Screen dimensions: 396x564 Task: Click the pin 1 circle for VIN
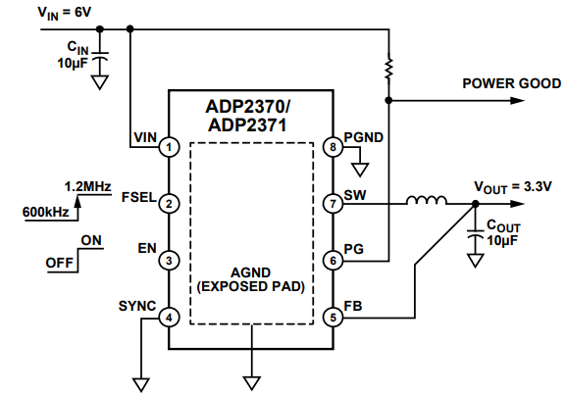point(170,147)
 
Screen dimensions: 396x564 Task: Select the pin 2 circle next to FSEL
point(170,204)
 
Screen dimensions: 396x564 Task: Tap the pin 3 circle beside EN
point(170,261)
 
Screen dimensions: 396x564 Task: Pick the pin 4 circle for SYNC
point(170,318)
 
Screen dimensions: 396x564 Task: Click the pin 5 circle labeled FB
point(333,318)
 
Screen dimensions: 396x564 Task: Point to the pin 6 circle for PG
point(333,261)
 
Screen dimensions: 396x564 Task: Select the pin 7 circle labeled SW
point(333,204)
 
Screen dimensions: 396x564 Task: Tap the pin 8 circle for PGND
point(333,147)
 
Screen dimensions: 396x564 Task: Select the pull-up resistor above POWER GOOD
point(390,69)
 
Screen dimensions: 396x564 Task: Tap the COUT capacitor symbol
point(476,233)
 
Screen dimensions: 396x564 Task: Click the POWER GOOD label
point(511,83)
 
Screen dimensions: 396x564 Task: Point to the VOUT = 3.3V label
point(513,185)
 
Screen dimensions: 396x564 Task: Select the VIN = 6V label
point(36,11)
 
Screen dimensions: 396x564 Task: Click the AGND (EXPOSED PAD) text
point(252,281)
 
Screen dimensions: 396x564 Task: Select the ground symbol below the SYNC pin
point(140,379)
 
